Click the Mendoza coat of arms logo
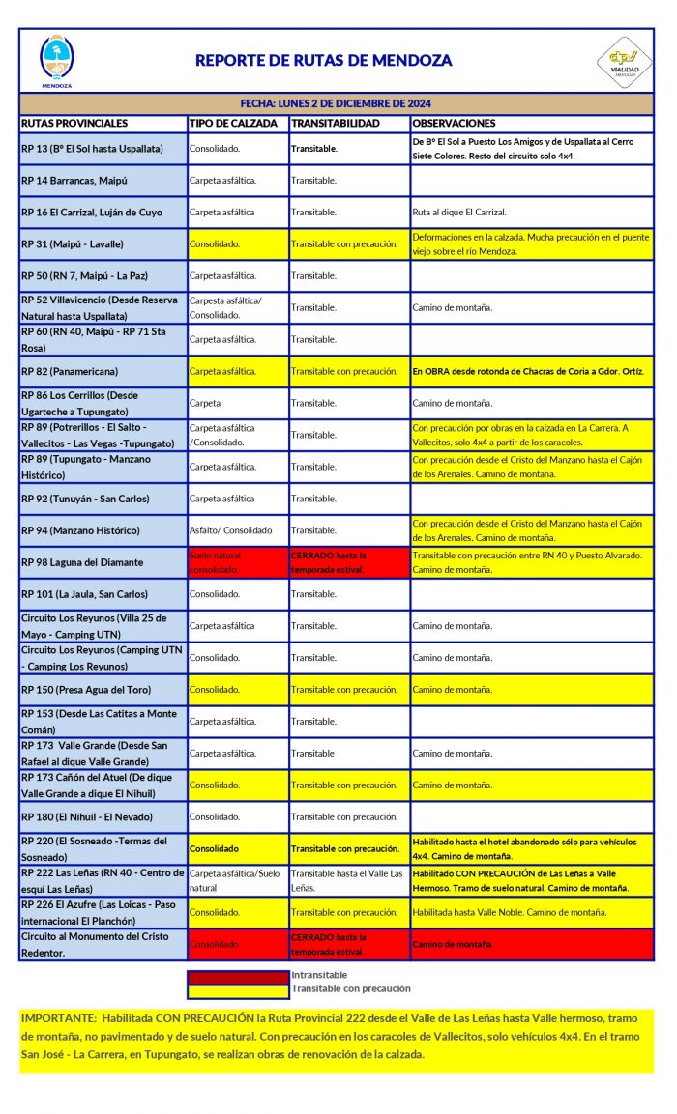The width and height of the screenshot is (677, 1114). (x=56, y=60)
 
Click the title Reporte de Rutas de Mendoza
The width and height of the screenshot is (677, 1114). (x=323, y=60)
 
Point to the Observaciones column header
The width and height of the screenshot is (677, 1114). (x=454, y=123)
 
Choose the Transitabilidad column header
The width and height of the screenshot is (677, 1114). (x=336, y=123)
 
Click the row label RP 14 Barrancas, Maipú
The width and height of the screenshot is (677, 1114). (x=74, y=181)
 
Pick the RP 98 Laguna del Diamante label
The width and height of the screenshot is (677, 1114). (x=81, y=562)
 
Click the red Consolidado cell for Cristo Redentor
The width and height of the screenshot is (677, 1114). (x=215, y=944)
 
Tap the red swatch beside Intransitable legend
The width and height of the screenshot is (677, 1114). (x=238, y=976)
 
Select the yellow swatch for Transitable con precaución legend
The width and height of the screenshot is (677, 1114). (x=238, y=989)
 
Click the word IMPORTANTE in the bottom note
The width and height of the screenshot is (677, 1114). (x=57, y=1019)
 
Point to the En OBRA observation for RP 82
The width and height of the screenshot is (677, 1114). (x=527, y=371)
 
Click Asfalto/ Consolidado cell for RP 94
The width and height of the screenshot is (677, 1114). (x=230, y=530)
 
